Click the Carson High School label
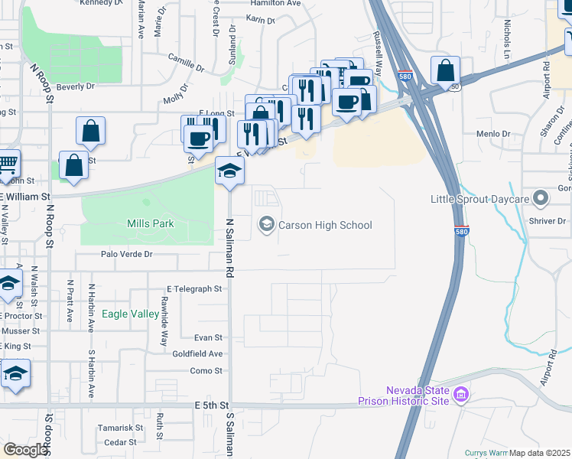[325, 225]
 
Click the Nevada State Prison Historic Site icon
[460, 396]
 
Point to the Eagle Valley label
[131, 314]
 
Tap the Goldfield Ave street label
[197, 353]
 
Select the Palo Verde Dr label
[126, 254]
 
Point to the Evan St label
[208, 337]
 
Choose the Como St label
[206, 371]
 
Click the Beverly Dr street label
[75, 87]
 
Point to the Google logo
[25, 450]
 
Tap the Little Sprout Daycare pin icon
[541, 200]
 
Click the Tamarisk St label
[121, 428]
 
